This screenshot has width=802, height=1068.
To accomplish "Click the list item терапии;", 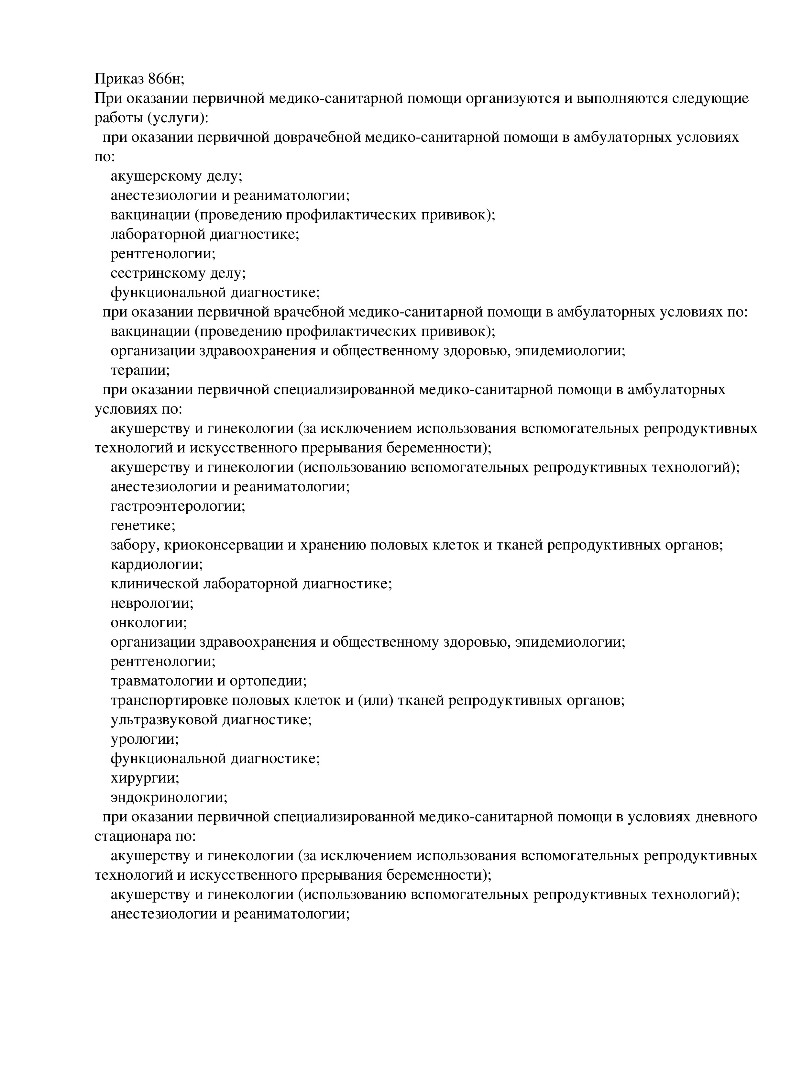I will (x=140, y=370).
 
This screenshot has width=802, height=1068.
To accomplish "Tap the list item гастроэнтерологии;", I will (x=178, y=506).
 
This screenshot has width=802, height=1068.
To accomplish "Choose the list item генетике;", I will (x=143, y=525).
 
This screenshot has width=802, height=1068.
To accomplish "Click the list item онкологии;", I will (x=148, y=622).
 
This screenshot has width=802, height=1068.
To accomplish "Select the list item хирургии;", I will (x=145, y=778).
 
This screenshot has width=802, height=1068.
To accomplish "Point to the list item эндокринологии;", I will (x=169, y=797).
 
